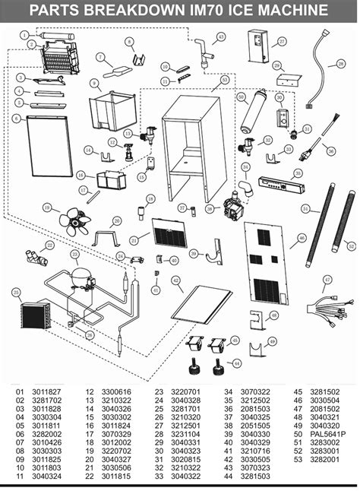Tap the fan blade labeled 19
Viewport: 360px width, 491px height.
click(76, 221)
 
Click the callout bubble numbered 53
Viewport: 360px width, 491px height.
click(224, 79)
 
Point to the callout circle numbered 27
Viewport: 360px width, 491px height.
click(282, 42)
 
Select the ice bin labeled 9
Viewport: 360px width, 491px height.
click(110, 110)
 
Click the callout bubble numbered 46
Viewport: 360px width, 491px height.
click(302, 238)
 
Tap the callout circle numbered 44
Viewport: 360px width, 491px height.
click(236, 363)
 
